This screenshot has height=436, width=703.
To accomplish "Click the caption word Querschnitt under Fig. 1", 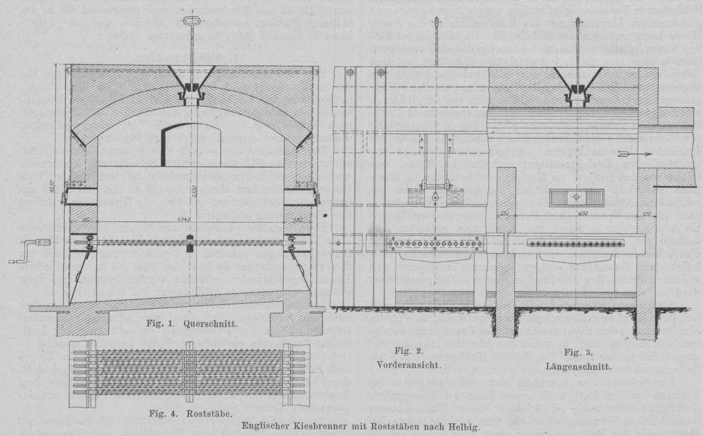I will pos(211,323).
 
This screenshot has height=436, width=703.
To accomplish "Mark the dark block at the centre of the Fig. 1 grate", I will pos(189,244).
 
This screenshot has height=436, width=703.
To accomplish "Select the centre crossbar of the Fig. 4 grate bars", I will pos(189,371).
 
